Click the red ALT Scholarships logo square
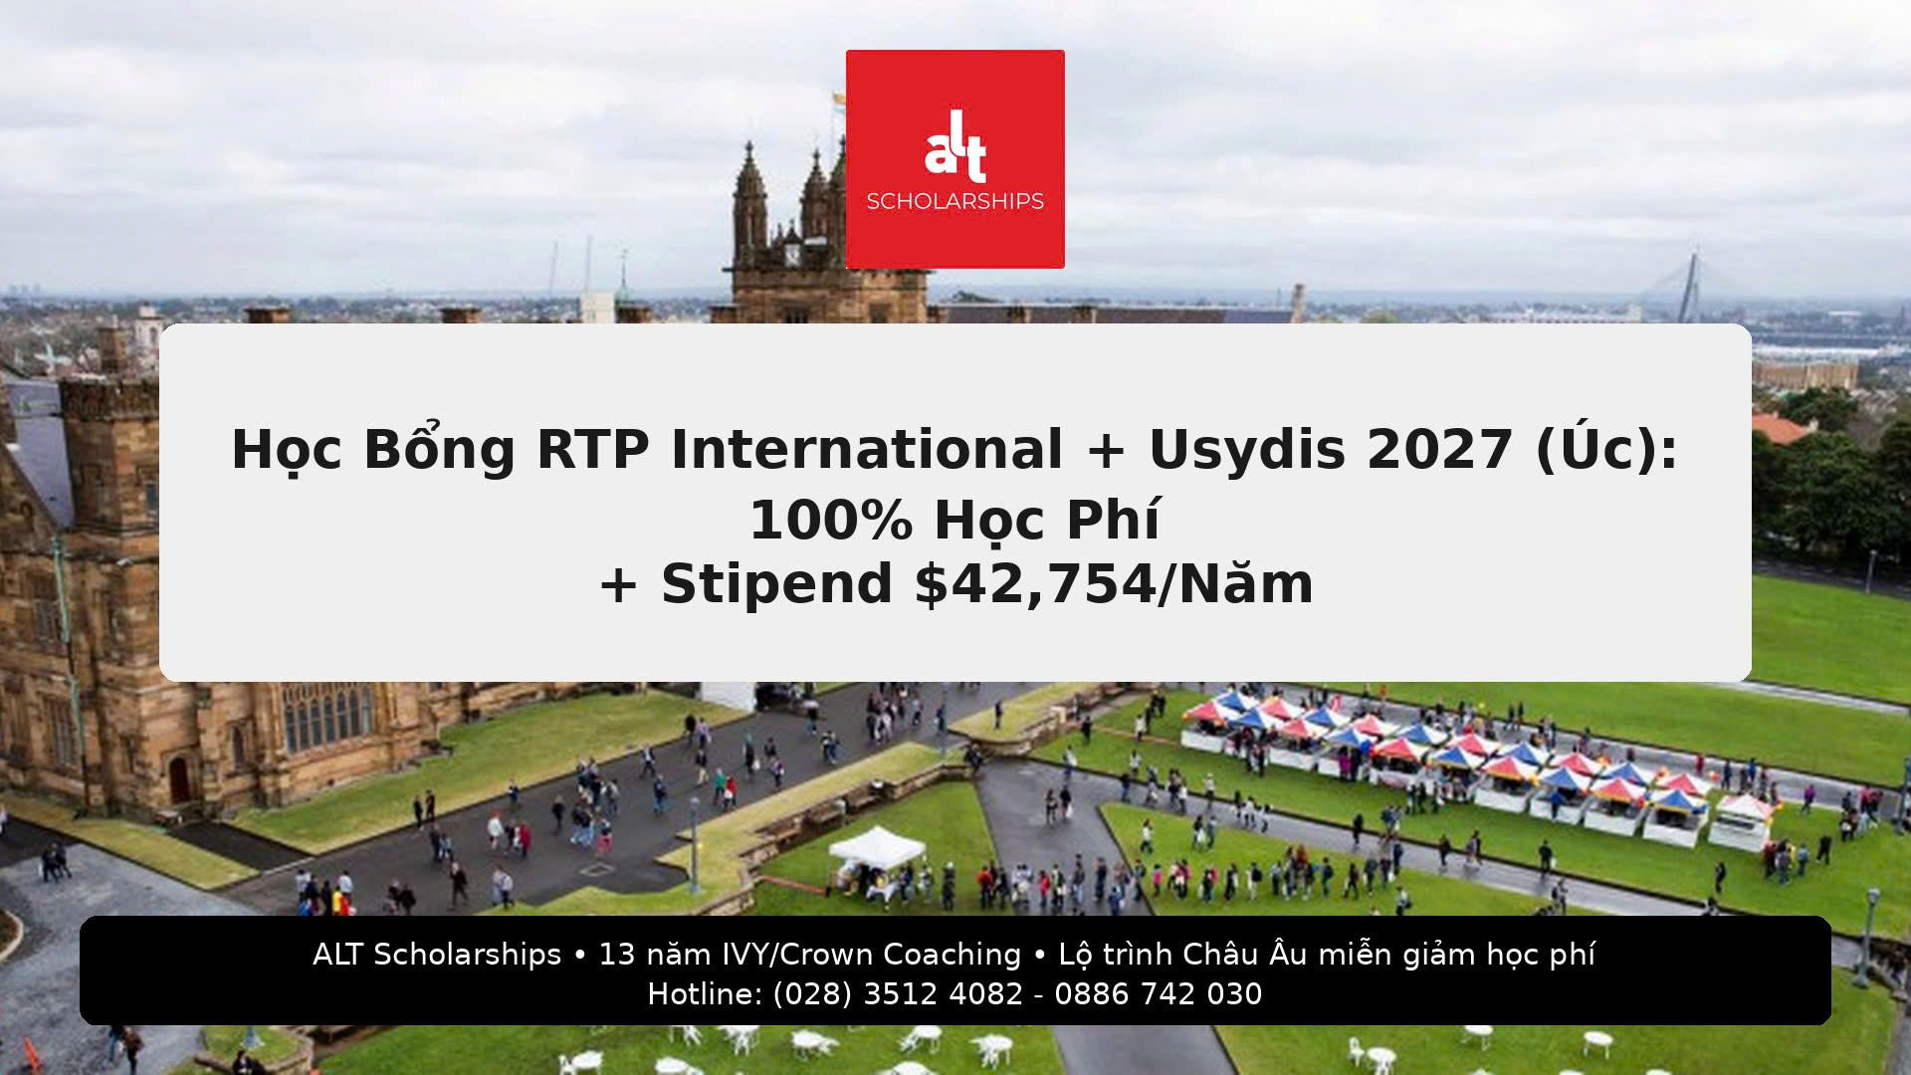coord(955,159)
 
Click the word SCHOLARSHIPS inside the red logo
coord(955,201)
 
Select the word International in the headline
coord(867,449)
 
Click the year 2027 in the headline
coord(1439,449)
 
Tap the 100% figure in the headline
coord(830,520)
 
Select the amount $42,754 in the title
coord(1036,584)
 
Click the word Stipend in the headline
coord(776,584)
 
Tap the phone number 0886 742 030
coord(1158,994)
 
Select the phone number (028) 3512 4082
coord(898,994)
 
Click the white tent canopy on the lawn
coord(876,847)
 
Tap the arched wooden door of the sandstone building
coord(179,779)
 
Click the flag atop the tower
coord(838,99)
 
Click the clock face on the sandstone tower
coord(791,254)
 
